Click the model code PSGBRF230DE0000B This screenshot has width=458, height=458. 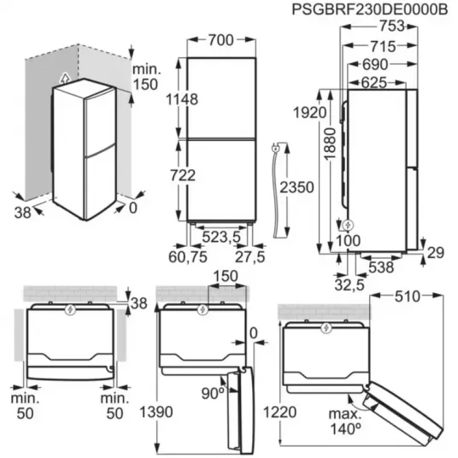(x=369, y=9)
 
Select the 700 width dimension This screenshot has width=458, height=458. (x=221, y=40)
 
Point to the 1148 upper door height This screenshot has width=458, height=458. (x=182, y=99)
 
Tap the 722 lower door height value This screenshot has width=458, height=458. (x=183, y=175)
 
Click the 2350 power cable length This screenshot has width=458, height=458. (x=297, y=187)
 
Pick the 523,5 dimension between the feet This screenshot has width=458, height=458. (x=221, y=237)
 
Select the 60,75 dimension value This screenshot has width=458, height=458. (x=188, y=256)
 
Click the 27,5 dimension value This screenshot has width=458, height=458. (x=250, y=256)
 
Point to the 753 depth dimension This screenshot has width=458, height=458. (x=392, y=26)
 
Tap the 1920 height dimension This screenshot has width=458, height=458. (x=309, y=113)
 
